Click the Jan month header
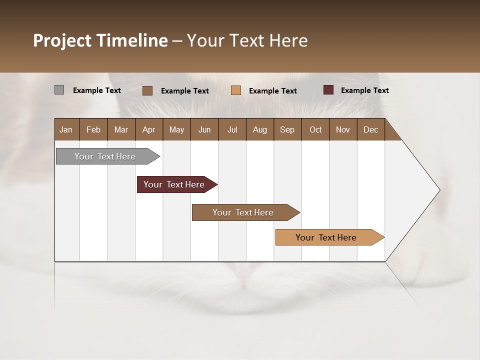tap(66, 129)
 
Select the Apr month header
tap(149, 129)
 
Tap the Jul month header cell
tap(232, 129)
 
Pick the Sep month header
tap(287, 129)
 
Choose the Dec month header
tap(370, 129)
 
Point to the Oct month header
tap(315, 129)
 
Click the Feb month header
tap(93, 129)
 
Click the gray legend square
tap(59, 90)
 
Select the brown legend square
tap(147, 90)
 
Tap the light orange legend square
tap(236, 90)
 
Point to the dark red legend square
tap(328, 90)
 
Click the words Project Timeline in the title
tap(100, 40)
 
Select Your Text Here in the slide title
tap(247, 40)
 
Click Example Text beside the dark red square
tap(364, 90)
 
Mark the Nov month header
tap(343, 129)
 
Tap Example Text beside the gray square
tap(97, 90)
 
